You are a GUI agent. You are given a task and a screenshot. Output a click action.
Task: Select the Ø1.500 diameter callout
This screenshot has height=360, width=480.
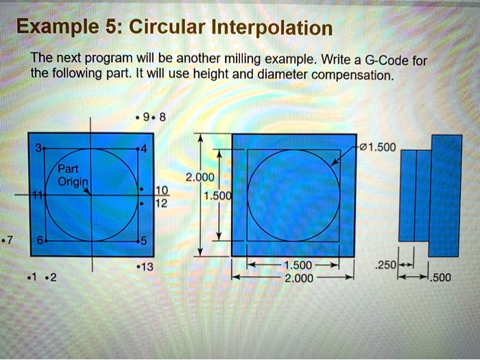(x=374, y=147)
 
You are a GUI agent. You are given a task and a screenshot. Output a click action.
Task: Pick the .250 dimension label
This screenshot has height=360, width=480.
(x=387, y=265)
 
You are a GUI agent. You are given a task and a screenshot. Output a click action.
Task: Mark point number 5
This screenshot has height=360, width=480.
(x=143, y=241)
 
